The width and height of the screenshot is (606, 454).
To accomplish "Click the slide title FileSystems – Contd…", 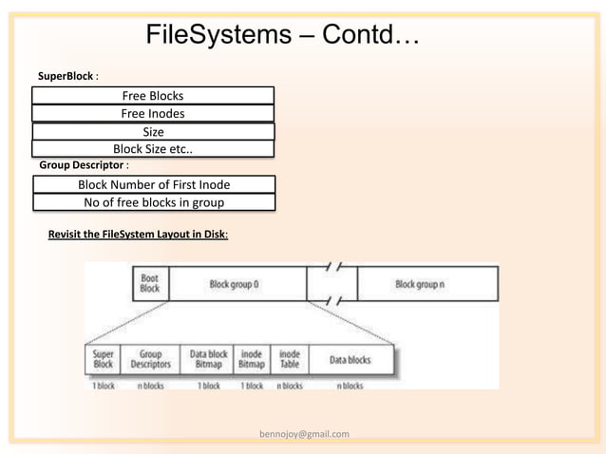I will click(282, 36).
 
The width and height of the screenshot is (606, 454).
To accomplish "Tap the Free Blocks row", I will click(153, 95).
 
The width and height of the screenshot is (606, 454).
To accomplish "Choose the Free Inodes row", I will click(153, 113).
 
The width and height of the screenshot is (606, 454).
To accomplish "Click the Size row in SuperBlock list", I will click(153, 131).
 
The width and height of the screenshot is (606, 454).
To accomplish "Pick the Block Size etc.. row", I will click(153, 148).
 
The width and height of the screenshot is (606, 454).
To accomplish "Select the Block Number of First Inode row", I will click(154, 184).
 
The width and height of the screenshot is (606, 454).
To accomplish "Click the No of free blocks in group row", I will click(154, 202).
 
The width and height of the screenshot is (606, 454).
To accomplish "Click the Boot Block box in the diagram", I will click(150, 283).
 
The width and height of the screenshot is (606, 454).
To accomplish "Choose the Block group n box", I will click(419, 284).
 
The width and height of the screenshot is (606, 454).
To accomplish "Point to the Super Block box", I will click(104, 360).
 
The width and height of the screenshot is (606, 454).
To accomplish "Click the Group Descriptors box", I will click(149, 360).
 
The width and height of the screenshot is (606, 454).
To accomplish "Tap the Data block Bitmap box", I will click(207, 360).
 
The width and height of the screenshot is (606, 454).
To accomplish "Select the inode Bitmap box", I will click(252, 360).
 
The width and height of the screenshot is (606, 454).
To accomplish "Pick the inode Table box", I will click(289, 360).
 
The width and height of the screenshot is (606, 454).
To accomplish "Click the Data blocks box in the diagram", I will click(350, 360).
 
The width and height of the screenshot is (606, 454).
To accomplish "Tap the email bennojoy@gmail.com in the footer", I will click(304, 434).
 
